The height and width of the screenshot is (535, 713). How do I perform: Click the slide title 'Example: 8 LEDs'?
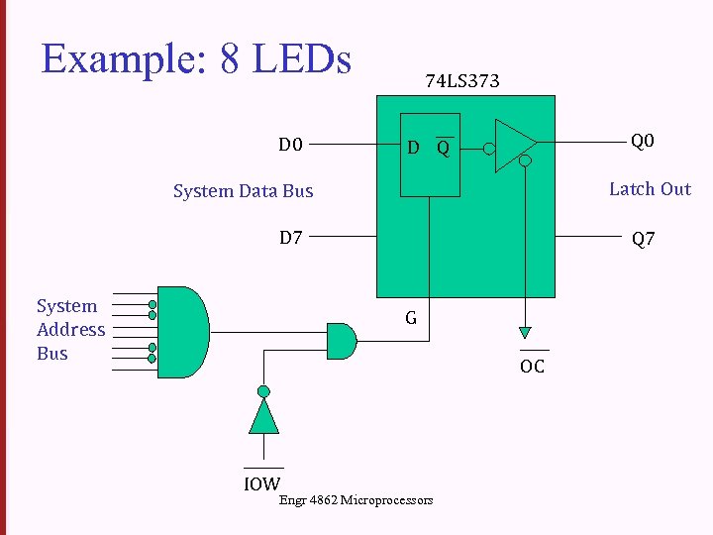pos(196,59)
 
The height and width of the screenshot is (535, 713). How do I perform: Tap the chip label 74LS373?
pos(462,81)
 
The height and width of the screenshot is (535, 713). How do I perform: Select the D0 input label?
pos(290,146)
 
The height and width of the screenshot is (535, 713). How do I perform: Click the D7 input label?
pos(290,238)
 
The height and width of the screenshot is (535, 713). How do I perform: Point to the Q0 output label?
pos(643,142)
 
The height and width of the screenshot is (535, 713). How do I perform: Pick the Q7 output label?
pos(643,239)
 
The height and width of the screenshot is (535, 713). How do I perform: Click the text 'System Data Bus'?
pos(243,191)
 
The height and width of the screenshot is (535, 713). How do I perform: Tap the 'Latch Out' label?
pos(650,189)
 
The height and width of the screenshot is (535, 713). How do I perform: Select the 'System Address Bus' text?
pos(70,330)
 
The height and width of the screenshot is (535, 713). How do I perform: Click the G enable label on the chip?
pos(410,318)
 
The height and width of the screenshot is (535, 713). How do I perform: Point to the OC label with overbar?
pos(533,367)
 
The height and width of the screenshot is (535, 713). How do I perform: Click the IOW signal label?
pos(262,483)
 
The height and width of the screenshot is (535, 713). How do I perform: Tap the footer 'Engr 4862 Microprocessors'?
pos(356,500)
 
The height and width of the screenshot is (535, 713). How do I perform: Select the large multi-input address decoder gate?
pos(183,332)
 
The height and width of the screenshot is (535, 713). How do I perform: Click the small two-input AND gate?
pos(341,341)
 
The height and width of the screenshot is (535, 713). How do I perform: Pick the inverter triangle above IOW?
pos(263,416)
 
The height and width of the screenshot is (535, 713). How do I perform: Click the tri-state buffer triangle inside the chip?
pos(513,147)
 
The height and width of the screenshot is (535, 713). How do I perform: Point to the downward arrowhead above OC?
pos(525,333)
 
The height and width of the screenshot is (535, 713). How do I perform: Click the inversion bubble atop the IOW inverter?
pos(263,390)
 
